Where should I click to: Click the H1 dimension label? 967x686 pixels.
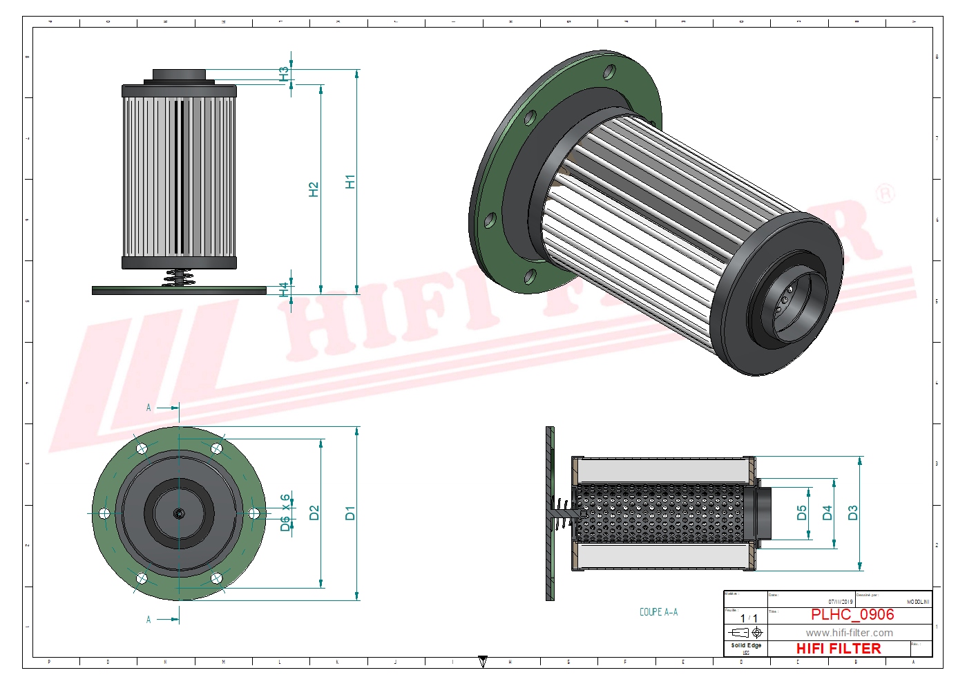tap(350, 182)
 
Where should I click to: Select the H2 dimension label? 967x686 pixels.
tap(314, 189)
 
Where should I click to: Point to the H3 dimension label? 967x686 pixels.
tap(284, 73)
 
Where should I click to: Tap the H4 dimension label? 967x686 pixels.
tap(284, 289)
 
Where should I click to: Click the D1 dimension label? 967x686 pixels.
tap(350, 513)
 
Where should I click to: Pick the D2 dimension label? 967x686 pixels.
tap(314, 513)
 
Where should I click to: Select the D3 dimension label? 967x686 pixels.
tap(852, 513)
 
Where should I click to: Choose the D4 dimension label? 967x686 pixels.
tap(827, 513)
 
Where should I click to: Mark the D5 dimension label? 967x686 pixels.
tap(801, 513)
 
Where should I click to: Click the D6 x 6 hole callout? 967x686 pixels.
tap(285, 513)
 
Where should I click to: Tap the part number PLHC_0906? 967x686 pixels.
tap(852, 614)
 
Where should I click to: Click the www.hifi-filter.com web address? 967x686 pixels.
tap(849, 633)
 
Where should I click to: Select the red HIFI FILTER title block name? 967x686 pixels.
tap(839, 649)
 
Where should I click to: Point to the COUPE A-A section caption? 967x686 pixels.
tap(658, 612)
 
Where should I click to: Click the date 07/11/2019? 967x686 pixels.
tap(841, 602)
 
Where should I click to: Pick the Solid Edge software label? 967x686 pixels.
tap(746, 645)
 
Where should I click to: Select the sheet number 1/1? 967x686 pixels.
tap(749, 618)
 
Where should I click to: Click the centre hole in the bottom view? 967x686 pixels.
tap(179, 513)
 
